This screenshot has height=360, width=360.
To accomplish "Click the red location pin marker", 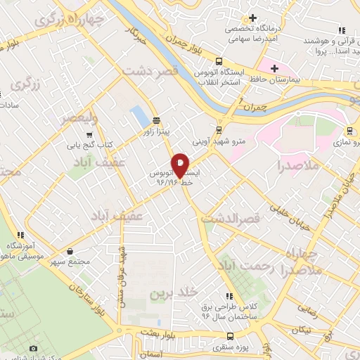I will [x=180, y=165].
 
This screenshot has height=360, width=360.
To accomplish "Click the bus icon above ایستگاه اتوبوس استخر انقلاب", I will [x=219, y=62].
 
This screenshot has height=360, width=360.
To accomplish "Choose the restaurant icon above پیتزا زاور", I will [x=155, y=120].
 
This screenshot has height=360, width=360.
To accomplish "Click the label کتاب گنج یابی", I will [x=89, y=146].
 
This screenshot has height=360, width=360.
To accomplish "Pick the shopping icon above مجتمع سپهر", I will [x=70, y=250].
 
